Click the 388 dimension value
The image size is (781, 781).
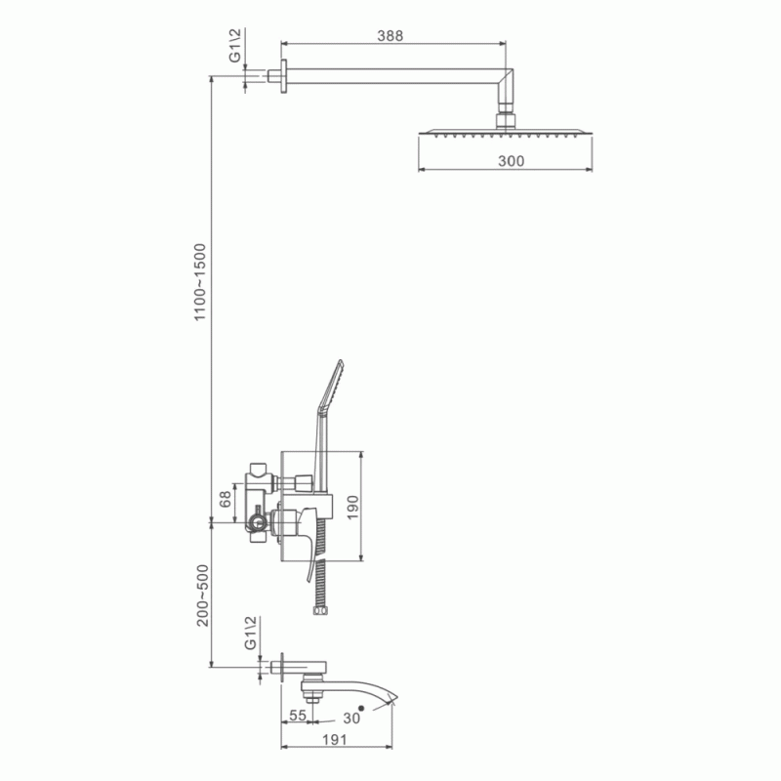(x=390, y=36)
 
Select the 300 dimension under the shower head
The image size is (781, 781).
(x=511, y=161)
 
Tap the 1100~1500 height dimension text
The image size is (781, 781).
(x=200, y=282)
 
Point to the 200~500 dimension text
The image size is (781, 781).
(x=202, y=595)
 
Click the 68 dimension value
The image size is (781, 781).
(x=226, y=499)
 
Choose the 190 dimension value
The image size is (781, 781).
(x=352, y=507)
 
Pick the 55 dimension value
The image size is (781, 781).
(x=298, y=715)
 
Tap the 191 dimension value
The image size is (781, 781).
(x=334, y=740)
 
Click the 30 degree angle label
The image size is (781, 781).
(x=351, y=719)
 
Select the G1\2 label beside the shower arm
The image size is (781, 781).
(x=234, y=45)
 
